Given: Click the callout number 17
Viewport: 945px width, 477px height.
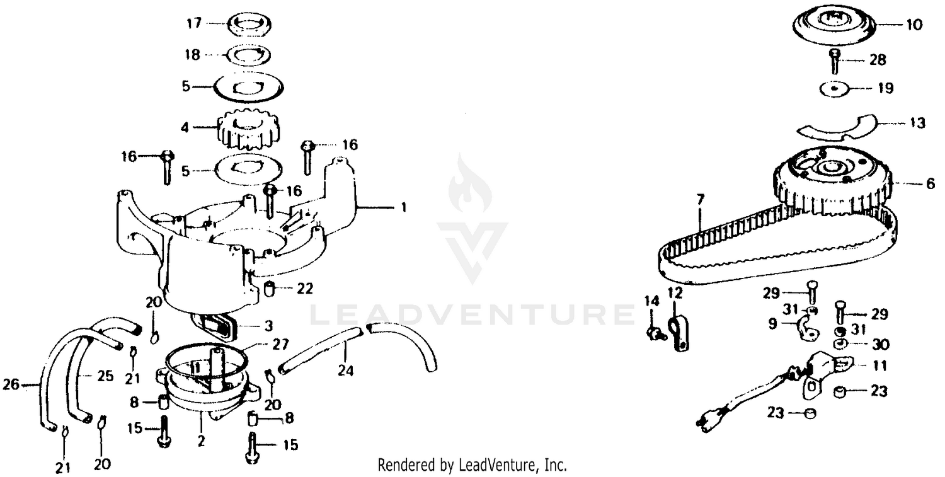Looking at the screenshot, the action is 194,23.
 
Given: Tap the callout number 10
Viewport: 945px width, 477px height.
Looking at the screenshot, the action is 913,25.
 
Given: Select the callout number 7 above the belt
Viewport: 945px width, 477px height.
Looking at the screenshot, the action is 701,199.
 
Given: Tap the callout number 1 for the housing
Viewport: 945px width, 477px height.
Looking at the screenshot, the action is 404,207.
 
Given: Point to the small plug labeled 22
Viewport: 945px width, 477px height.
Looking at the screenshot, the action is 270,290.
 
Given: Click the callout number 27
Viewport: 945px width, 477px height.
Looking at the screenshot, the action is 280,345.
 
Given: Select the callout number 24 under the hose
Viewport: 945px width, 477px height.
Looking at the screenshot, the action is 345,371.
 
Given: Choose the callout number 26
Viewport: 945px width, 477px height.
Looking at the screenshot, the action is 11,384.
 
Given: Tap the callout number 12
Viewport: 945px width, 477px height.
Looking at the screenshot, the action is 675,292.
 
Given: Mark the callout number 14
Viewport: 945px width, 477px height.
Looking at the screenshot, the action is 652,301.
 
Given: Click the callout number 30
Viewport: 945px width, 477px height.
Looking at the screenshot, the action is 881,345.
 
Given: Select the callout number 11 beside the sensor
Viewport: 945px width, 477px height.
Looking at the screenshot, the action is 880,365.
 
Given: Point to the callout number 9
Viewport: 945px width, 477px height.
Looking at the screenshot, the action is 772,324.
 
